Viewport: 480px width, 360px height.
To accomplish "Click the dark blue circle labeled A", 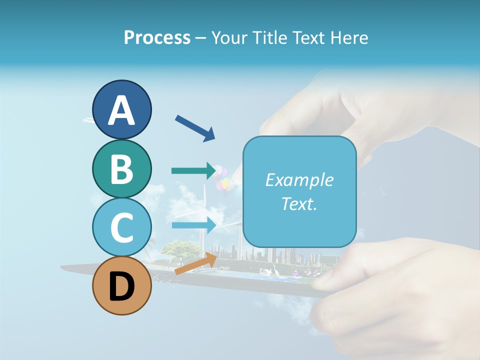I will click(122, 110).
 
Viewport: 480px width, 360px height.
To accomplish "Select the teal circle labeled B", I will click(122, 169).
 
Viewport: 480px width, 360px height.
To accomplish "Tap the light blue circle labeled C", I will click(122, 227).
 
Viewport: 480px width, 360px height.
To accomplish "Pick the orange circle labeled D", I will click(122, 286).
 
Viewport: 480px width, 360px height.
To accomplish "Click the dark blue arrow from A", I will click(195, 127).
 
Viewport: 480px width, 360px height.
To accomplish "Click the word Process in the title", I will click(157, 38).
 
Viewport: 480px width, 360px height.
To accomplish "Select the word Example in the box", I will click(299, 180).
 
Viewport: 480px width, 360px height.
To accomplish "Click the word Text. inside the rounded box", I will click(299, 204).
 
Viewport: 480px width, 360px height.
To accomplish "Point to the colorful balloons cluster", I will click(224, 180).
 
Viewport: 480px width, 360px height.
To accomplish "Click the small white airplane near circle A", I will click(88, 120).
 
